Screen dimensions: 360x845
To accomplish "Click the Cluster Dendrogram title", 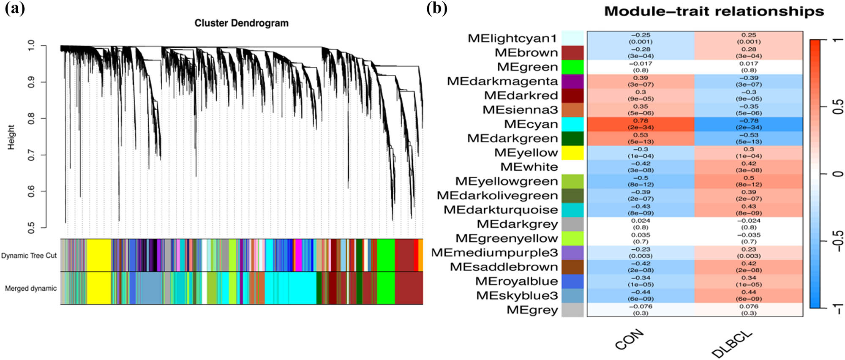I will (241, 23).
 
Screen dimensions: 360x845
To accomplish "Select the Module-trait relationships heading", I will (714, 11).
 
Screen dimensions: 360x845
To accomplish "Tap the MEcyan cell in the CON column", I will (641, 124).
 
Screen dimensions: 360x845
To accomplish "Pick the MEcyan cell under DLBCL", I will (749, 124).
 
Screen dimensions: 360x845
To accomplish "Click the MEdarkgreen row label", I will (512, 139).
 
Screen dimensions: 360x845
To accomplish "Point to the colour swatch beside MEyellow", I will (572, 153).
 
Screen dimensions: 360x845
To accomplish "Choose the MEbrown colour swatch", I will (572, 53).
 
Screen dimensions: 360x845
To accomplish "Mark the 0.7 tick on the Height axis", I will (31, 155).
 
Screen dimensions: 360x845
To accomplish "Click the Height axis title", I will (11, 137).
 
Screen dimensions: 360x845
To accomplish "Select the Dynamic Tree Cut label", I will (29, 256).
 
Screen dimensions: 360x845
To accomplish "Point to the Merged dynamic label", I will (30, 289).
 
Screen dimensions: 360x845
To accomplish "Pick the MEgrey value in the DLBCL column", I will (749, 310).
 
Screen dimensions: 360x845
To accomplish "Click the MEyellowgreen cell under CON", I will (641, 181).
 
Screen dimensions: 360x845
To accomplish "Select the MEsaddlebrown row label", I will (504, 267).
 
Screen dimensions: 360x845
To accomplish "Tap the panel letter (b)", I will (436, 8).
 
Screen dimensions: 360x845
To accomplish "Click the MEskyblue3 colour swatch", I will (572, 295).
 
